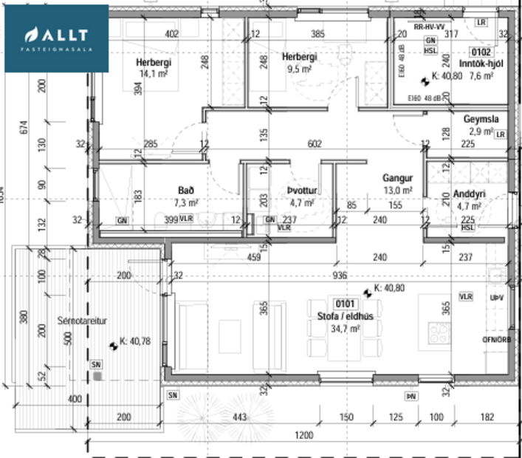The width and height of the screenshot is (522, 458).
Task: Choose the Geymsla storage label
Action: click(x=481, y=120)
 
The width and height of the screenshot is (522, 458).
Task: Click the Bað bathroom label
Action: click(x=185, y=190)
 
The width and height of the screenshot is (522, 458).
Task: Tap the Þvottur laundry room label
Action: click(x=303, y=191)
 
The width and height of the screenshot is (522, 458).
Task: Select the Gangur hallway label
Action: click(x=397, y=178)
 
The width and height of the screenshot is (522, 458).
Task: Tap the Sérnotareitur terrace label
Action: click(x=83, y=321)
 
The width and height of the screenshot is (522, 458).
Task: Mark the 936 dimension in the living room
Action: click(x=340, y=276)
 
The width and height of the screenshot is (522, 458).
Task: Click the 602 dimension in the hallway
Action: click(x=316, y=145)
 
